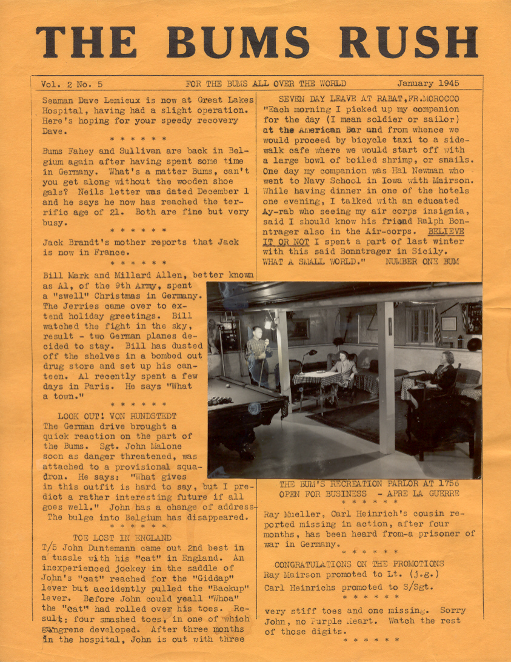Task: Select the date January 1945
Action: coord(428,84)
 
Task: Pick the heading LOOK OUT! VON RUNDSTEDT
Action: coord(117,416)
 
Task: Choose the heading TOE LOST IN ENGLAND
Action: coord(122,537)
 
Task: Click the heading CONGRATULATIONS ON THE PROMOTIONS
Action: coord(359,564)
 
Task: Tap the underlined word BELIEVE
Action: coord(446,231)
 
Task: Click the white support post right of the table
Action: coord(385,376)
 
